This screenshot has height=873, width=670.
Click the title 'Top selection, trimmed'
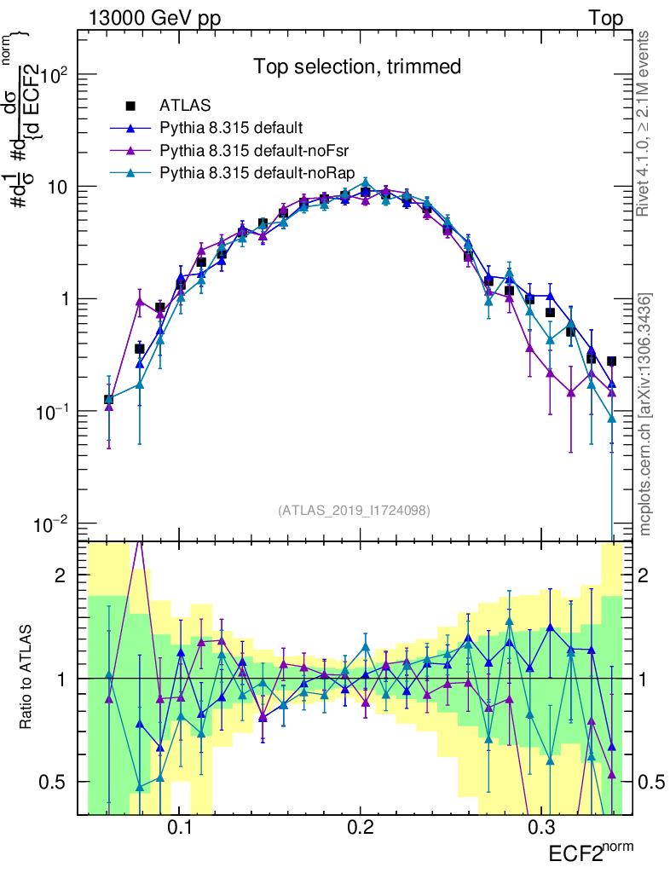coord(357,66)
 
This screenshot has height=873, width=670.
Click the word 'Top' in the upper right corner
coord(605,18)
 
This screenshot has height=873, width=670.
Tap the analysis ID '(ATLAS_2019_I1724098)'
coord(353,511)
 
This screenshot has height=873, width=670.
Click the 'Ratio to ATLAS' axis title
coord(26,678)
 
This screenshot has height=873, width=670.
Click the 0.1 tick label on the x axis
coord(179,827)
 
